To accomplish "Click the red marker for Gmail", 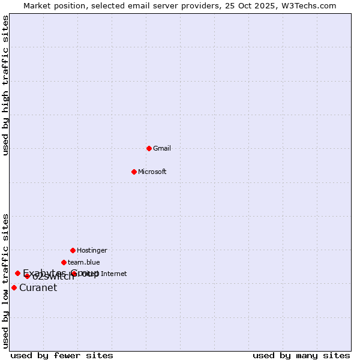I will click(149, 148).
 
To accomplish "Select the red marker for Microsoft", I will click(134, 172).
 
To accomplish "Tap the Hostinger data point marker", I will click(73, 250).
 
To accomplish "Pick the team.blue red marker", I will click(64, 262).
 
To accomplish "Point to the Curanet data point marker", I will click(14, 287).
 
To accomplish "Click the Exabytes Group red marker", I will click(17, 273).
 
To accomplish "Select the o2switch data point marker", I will click(27, 276).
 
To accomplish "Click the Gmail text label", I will click(162, 148).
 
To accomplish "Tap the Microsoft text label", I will click(152, 172).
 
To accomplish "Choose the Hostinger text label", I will click(92, 250).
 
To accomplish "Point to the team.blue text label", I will click(83, 262).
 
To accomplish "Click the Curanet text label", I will click(38, 287).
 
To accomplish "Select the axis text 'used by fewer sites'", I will click(62, 355).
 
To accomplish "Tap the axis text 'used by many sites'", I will click(301, 355).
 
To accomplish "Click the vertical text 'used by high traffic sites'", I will click(5, 85).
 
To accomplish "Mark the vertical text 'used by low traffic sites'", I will click(5, 281).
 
